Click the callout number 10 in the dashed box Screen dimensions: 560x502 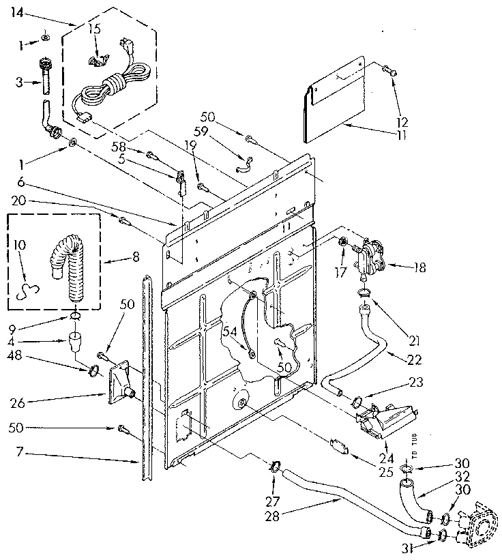click(18, 244)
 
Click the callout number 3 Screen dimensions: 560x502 click(18, 82)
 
